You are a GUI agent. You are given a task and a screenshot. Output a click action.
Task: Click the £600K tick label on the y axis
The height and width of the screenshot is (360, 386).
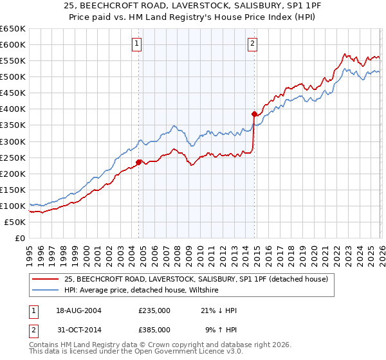(x=13, y=44)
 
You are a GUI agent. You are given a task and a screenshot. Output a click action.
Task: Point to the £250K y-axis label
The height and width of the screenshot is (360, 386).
(x=13, y=157)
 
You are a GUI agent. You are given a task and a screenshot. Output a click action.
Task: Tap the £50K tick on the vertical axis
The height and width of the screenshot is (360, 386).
(x=15, y=222)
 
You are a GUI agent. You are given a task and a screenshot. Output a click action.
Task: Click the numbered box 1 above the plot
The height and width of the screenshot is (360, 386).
(x=138, y=44)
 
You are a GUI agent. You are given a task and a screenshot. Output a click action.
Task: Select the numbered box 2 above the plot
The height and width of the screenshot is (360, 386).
(x=252, y=44)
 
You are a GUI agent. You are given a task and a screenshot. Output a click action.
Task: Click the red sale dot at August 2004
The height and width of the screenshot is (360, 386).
(x=138, y=162)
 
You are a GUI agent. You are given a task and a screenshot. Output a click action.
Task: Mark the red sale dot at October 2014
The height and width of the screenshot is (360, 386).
(x=254, y=114)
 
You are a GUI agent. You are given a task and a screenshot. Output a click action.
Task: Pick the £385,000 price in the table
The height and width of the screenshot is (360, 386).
(x=154, y=329)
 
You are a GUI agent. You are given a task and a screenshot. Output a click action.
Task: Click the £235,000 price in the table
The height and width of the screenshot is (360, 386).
(x=154, y=310)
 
